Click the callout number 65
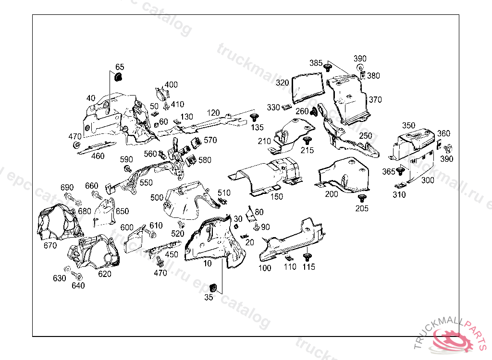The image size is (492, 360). pos(120,67)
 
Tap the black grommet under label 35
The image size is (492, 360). pos(214,287)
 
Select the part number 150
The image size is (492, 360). pos(276,196)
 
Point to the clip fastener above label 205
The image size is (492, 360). pos(362,198)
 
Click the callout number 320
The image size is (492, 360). pos(282,83)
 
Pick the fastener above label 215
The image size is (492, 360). pos(307,141)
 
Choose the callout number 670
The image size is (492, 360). pos(50,245)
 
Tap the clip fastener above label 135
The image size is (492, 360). pos(255,117)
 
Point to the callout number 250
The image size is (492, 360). pos(366,136)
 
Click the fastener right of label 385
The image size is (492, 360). pos(329,67)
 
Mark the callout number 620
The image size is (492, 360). pos(105,274)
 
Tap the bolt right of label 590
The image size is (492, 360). pos(128,169)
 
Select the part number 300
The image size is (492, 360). pos(428,180)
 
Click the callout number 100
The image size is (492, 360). pos(265,268)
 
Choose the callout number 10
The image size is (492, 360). pos(207,264)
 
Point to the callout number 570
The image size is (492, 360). pos(210,140)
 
